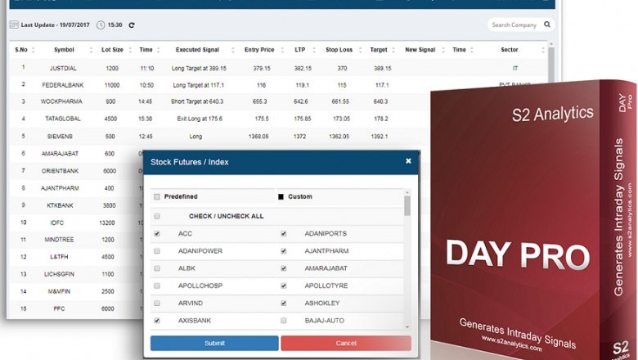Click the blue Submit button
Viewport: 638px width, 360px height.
point(214,343)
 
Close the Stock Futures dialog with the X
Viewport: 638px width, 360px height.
point(408,161)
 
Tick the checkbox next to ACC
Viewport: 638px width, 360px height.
point(157,234)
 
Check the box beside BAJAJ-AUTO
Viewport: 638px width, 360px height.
point(283,321)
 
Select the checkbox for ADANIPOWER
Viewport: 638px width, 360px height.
point(157,251)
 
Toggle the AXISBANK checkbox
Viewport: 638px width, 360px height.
point(157,321)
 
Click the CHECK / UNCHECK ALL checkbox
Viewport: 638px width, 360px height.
point(157,217)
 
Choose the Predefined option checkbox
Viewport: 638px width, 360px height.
point(157,196)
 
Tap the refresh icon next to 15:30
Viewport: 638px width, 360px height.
point(132,25)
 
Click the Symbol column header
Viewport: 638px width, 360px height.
point(63,50)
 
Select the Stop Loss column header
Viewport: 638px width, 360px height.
point(338,50)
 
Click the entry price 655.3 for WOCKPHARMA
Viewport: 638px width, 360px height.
point(260,101)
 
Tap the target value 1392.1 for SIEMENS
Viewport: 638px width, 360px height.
point(380,137)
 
